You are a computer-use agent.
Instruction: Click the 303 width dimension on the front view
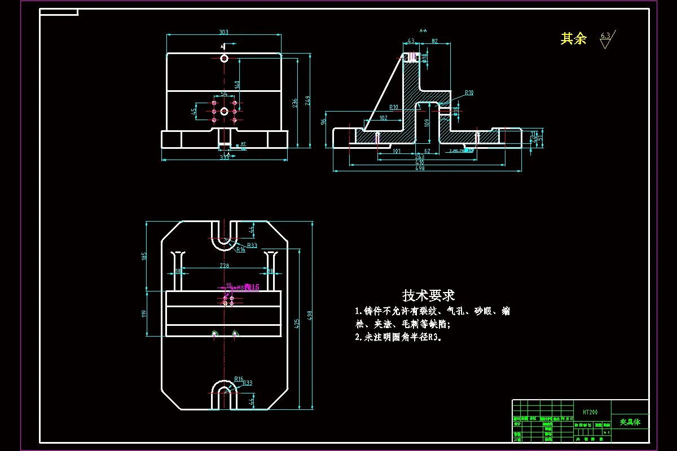[223, 33]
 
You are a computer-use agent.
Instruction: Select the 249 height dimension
[308, 100]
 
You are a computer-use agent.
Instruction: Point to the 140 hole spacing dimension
[238, 84]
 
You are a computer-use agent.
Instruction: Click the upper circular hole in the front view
[224, 58]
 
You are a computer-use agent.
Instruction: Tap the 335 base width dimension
[225, 157]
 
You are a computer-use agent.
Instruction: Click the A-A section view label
[423, 30]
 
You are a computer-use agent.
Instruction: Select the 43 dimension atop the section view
[411, 41]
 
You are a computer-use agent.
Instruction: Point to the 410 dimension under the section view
[420, 162]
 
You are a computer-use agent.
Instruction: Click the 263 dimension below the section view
[420, 157]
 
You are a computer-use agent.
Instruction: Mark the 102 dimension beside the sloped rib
[383, 118]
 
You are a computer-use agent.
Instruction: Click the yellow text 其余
[573, 38]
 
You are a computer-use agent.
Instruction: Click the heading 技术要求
[428, 295]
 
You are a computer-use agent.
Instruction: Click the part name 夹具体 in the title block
[630, 422]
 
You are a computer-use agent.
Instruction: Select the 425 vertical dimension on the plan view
[297, 323]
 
